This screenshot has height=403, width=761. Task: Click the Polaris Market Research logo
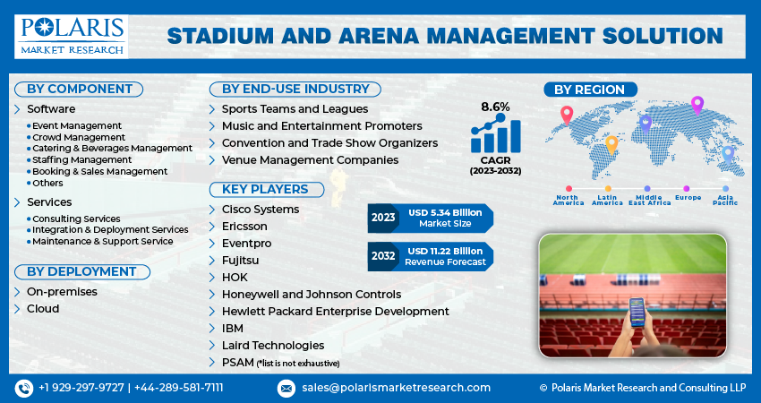pyautogui.click(x=71, y=36)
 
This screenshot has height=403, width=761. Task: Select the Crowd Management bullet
pyautogui.click(x=78, y=137)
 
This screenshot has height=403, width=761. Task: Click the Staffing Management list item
pyautogui.click(x=81, y=159)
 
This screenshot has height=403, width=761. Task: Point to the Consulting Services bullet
pyautogui.click(x=76, y=219)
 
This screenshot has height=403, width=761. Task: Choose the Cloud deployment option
pyautogui.click(x=43, y=309)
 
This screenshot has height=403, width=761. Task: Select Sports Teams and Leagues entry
pyautogui.click(x=295, y=108)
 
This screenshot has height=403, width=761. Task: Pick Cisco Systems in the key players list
pyautogui.click(x=261, y=210)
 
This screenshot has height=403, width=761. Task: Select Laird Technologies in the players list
pyautogui.click(x=273, y=345)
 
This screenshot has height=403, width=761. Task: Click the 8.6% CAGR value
pyautogui.click(x=495, y=107)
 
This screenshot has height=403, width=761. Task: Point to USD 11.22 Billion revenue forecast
pyautogui.click(x=445, y=256)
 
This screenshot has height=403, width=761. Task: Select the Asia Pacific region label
pyautogui.click(x=725, y=200)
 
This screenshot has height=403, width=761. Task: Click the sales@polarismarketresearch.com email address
pyautogui.click(x=395, y=388)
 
